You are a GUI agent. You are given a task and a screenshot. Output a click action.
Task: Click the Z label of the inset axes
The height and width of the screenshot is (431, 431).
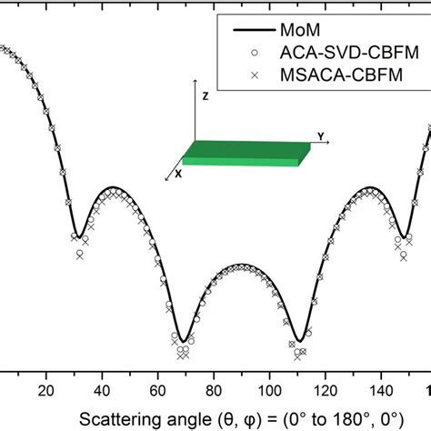(x=207, y=95)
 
